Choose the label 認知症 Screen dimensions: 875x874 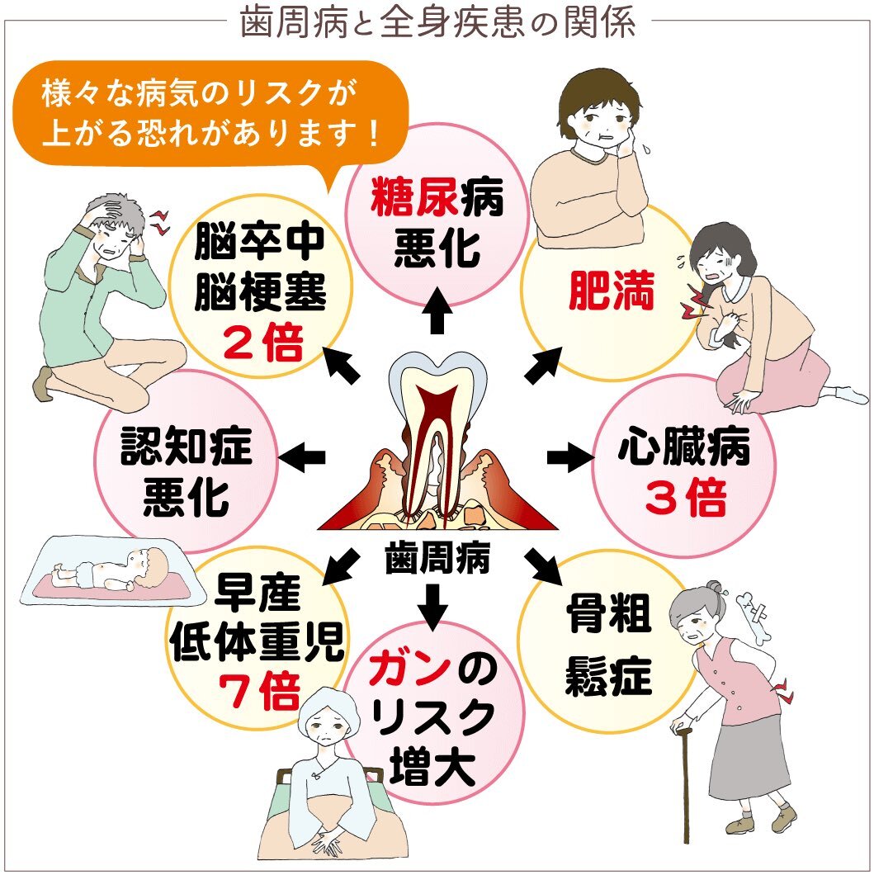187,451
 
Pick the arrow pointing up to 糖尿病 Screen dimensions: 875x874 437,312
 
